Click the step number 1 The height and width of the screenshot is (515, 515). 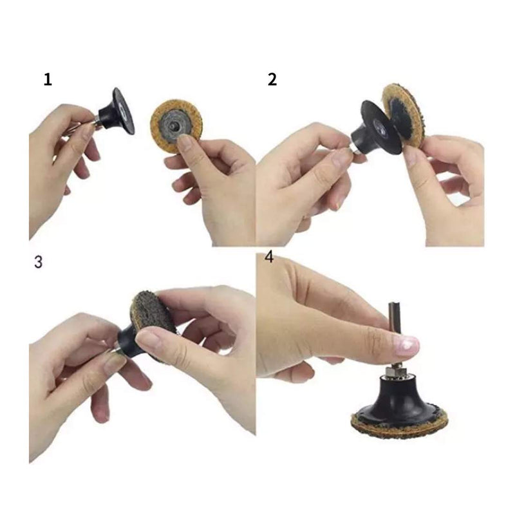click(x=48, y=80)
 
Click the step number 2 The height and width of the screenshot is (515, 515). click(x=272, y=80)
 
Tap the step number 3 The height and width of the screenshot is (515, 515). click(x=39, y=262)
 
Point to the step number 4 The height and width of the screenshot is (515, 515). click(x=269, y=257)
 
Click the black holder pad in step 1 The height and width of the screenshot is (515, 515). click(x=118, y=113)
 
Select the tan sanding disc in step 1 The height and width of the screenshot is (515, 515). click(x=176, y=126)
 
